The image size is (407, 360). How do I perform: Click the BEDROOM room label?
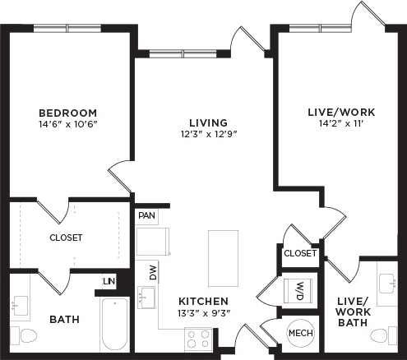click(67, 113)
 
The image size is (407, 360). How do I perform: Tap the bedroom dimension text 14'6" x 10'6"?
click(67, 126)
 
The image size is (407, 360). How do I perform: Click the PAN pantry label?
click(146, 216)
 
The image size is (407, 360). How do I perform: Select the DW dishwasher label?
click(153, 272)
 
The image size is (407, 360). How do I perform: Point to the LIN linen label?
click(108, 281)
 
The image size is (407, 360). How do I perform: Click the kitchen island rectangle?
click(223, 257)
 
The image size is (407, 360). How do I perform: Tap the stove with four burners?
click(197, 339)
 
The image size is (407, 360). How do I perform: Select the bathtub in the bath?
click(114, 324)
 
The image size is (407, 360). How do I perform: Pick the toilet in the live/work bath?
click(380, 336)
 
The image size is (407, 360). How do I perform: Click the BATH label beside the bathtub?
click(64, 319)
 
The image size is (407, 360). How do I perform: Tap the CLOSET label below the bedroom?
click(67, 238)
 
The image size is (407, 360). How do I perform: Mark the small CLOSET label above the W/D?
click(300, 253)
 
